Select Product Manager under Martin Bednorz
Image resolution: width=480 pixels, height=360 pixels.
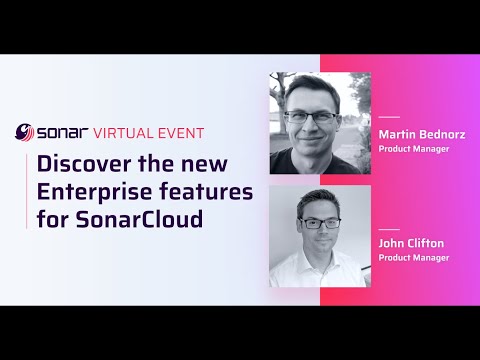(x=414, y=149)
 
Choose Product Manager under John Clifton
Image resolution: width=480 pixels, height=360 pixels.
(x=414, y=258)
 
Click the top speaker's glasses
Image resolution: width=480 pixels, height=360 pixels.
(x=313, y=116)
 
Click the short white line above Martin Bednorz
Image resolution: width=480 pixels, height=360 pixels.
(x=389, y=117)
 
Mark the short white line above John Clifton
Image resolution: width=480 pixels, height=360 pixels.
(x=389, y=226)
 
